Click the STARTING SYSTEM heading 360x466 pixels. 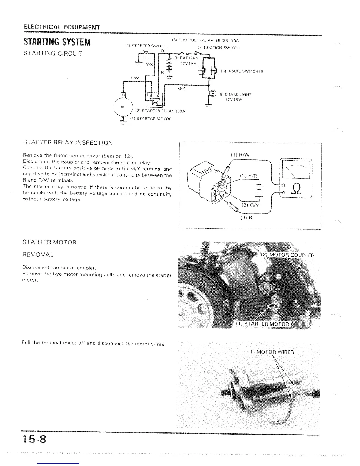click(x=57, y=42)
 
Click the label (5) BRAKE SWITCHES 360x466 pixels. click(x=242, y=71)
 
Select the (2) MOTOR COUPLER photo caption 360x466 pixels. click(x=288, y=255)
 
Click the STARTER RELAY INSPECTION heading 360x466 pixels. click(x=68, y=143)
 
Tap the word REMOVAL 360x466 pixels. click(x=38, y=254)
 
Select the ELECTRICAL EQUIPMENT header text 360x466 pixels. click(x=61, y=27)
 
